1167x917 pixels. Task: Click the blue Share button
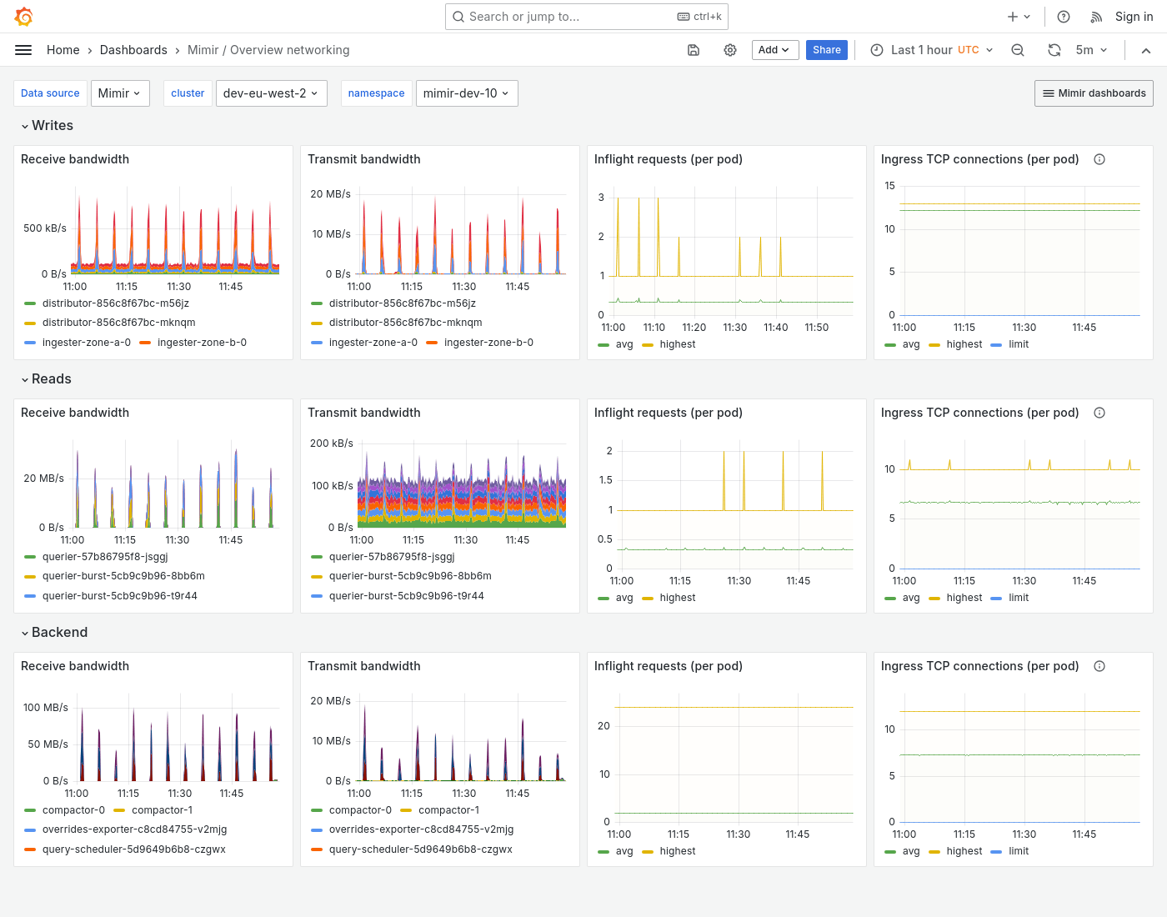826,50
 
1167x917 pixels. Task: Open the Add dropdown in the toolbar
774,50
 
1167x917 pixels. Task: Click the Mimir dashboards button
1094,93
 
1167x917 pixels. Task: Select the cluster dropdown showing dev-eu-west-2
271,93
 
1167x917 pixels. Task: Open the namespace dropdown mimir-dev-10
466,93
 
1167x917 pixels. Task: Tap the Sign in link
1134,17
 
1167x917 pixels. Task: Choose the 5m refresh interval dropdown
1091,50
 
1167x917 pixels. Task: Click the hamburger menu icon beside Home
23,50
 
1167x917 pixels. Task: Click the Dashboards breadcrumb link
133,50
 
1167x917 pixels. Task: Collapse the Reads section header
51,379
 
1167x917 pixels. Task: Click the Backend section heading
59,633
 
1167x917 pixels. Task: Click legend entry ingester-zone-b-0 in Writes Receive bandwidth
201,343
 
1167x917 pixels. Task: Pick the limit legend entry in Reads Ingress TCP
1018,598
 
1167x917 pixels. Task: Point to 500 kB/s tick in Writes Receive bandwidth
45,228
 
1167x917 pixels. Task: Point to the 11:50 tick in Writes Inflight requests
816,328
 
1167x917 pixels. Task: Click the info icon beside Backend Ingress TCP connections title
1099,666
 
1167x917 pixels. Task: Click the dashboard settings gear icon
730,50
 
